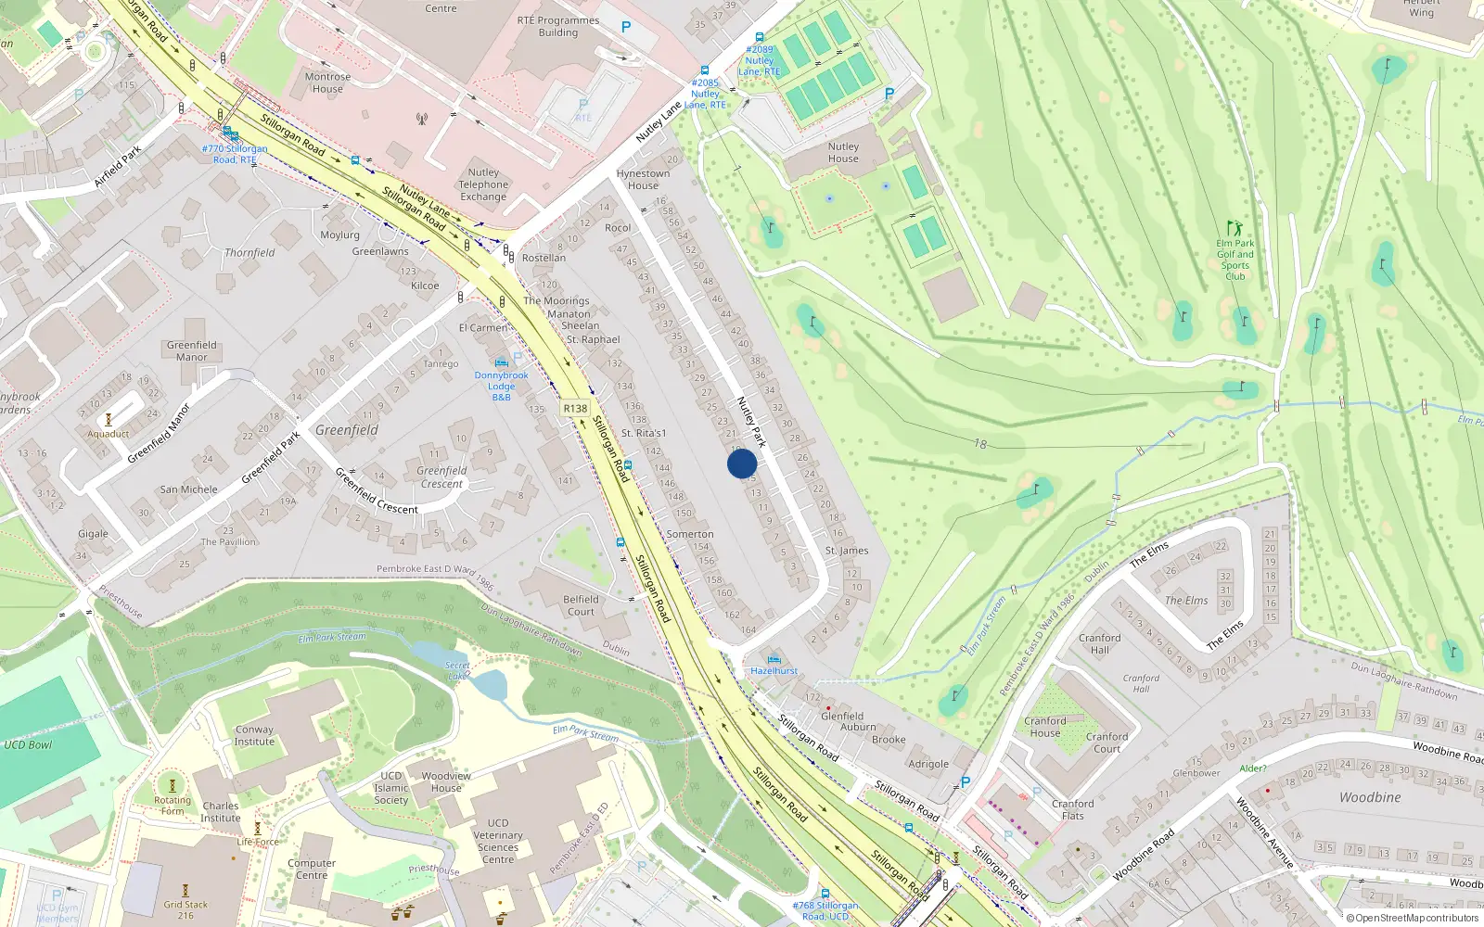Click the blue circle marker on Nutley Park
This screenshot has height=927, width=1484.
point(742,463)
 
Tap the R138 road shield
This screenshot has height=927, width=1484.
point(575,408)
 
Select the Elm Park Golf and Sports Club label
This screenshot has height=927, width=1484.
point(1235,260)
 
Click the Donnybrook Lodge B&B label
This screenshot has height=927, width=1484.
point(501,386)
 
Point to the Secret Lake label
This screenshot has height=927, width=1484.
point(457,670)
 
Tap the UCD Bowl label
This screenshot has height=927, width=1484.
point(28,744)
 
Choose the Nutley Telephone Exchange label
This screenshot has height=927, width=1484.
point(483,184)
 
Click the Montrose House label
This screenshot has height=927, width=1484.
point(327,83)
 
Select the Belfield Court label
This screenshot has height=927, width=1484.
point(581,605)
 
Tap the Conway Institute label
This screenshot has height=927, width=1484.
point(254,735)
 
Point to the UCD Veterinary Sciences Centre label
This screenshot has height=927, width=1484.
point(498,841)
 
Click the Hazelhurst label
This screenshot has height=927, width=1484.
point(774,670)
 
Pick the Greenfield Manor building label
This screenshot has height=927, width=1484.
point(192,350)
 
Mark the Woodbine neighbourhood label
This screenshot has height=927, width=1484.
point(1370,797)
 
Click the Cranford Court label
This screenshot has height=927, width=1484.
point(1107,743)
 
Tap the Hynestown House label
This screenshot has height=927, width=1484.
point(643,179)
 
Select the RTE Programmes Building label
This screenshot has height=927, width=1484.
point(558,26)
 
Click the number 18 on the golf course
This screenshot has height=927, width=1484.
point(980,444)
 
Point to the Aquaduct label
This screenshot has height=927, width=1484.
point(109,434)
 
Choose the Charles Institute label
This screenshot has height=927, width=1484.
point(221,812)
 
